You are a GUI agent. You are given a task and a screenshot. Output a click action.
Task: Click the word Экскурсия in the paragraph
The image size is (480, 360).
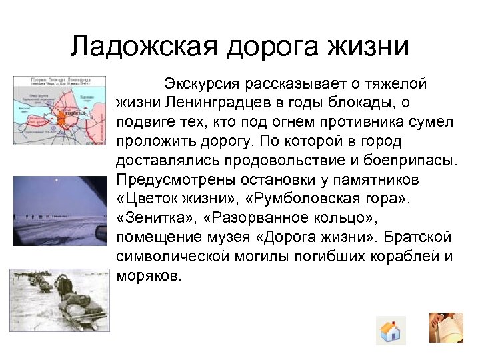tap(201, 85)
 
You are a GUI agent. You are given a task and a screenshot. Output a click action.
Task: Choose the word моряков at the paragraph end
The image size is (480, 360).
tap(147, 275)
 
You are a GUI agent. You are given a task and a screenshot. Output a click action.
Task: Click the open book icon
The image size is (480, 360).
tap(446, 328)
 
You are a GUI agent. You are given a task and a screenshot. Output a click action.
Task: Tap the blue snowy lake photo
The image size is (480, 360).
tap(59, 211)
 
